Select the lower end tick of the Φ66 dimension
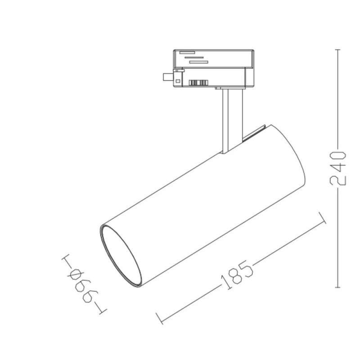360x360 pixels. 102,310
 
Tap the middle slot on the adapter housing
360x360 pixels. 194,57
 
